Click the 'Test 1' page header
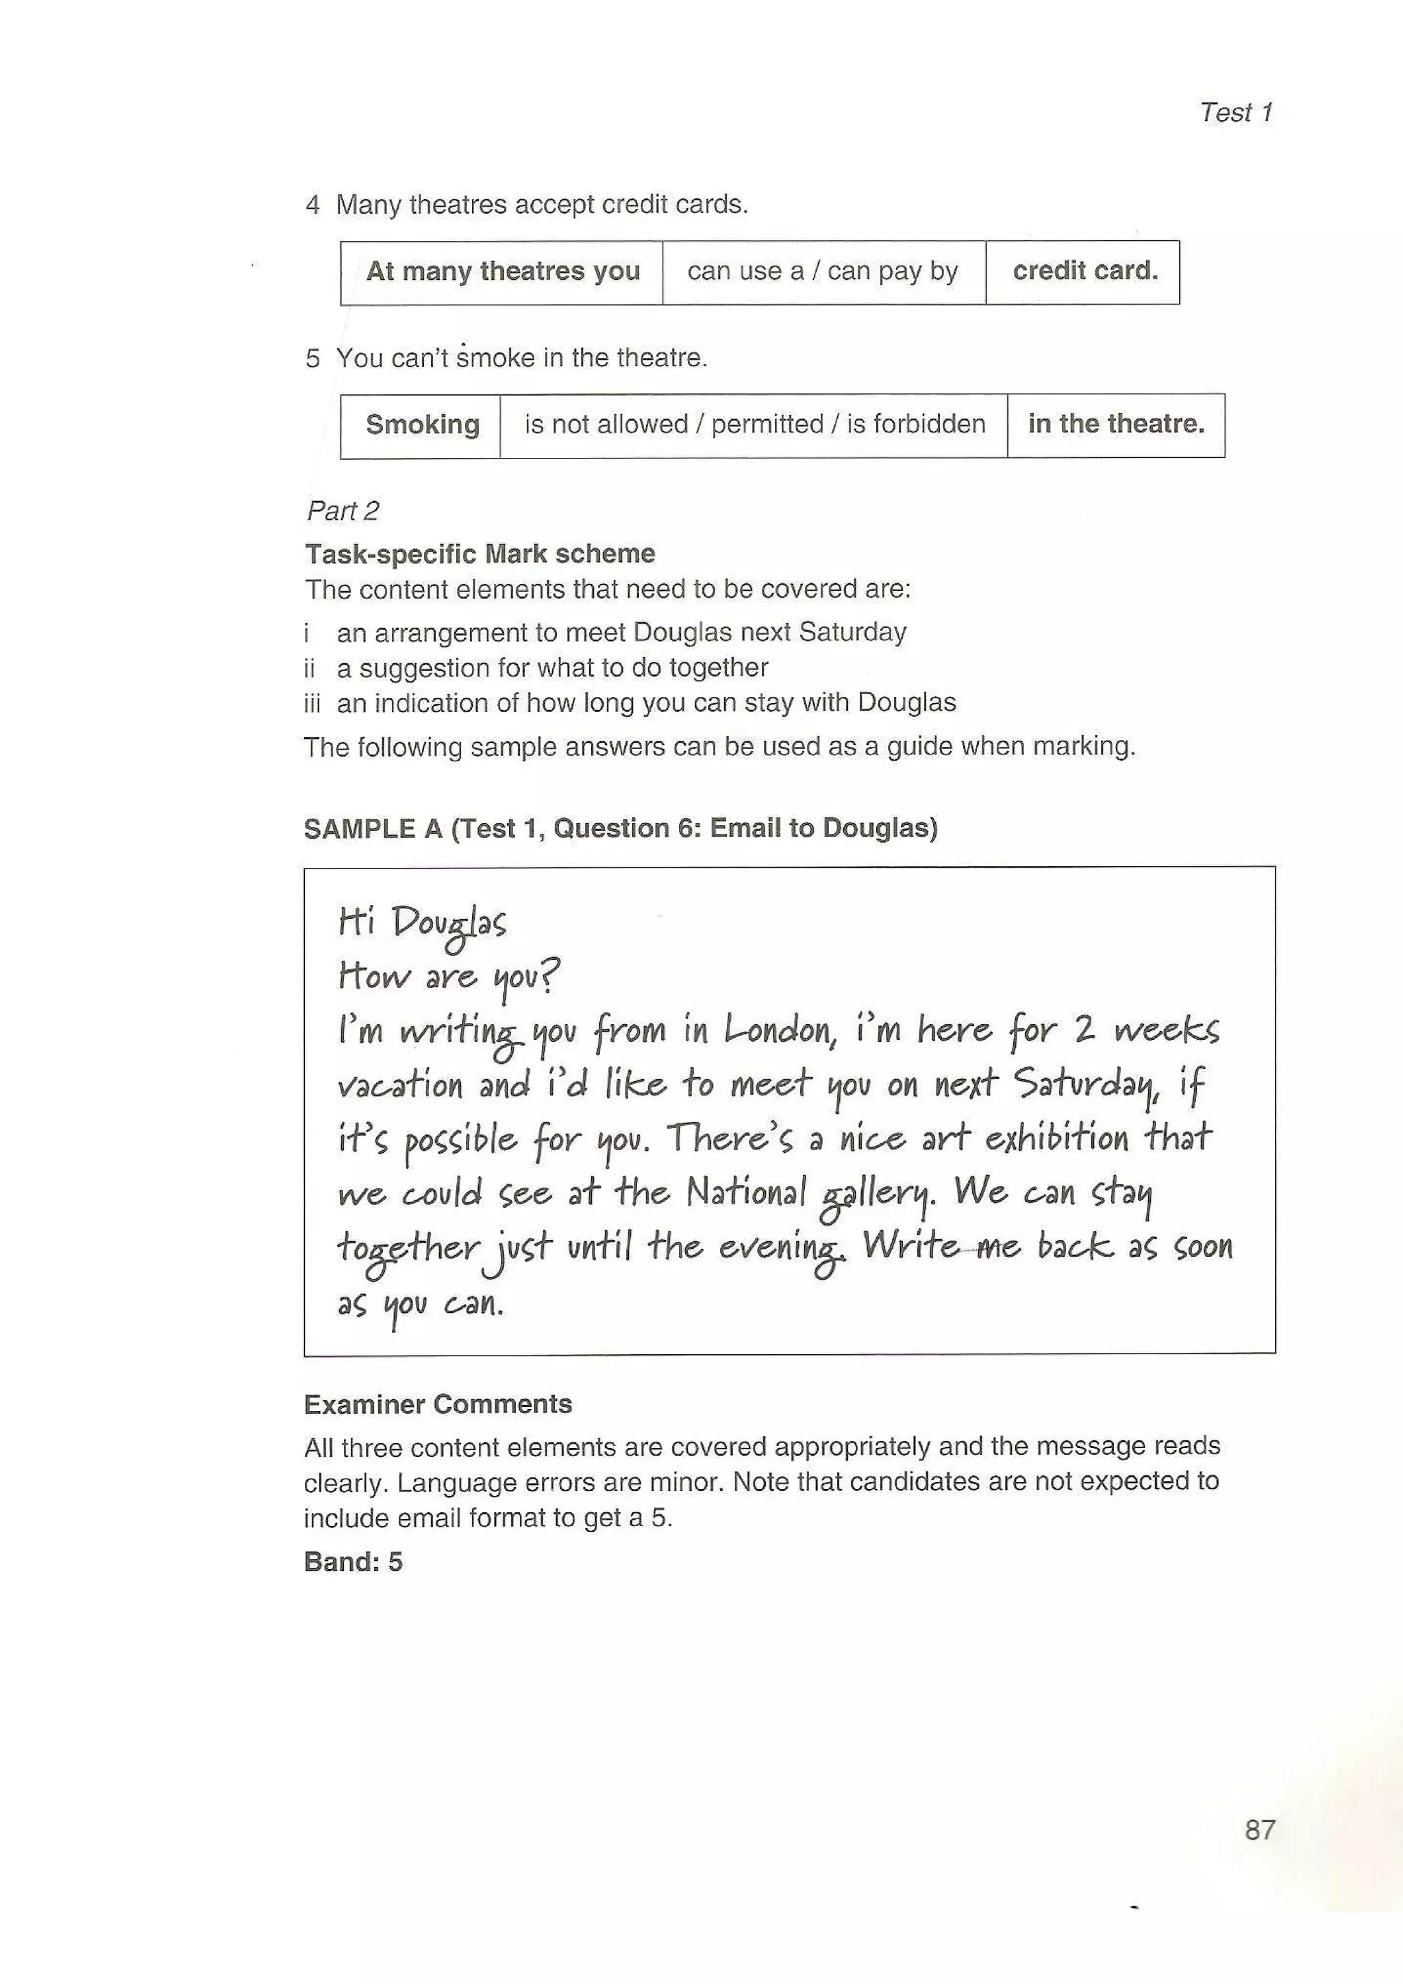[1235, 112]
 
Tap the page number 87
[1260, 1829]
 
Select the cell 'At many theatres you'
[502, 271]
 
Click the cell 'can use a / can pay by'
[822, 271]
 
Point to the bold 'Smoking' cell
[422, 424]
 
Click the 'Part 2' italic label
[343, 511]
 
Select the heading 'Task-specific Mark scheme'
[480, 553]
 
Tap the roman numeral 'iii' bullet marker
[312, 703]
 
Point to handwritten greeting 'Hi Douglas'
[422, 924]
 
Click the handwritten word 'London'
[779, 1030]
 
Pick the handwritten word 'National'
[745, 1193]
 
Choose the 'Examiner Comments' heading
[438, 1403]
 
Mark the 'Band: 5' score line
[353, 1562]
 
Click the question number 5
[312, 358]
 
